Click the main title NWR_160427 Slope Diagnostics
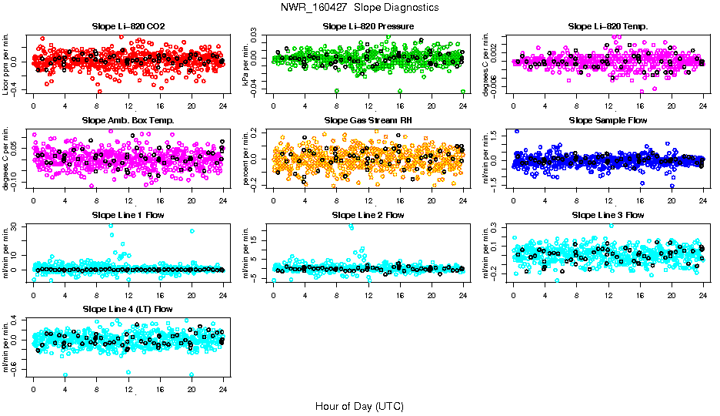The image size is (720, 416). tap(360, 7)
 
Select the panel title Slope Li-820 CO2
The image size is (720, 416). tap(128, 26)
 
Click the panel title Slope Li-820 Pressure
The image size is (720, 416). tap(368, 26)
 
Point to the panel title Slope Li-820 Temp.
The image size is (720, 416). tap(608, 26)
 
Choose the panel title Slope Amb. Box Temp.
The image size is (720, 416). tap(128, 120)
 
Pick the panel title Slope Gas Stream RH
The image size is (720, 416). tap(368, 120)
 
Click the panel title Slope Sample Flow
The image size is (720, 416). tap(608, 120)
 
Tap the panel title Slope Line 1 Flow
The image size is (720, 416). tap(128, 214)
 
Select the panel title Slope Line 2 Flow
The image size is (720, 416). tap(368, 214)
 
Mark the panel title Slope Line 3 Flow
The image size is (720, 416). tap(608, 214)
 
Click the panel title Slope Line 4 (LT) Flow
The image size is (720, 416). tap(128, 309)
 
